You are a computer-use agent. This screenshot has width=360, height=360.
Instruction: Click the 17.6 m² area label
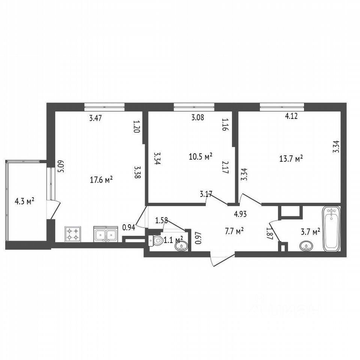[101, 180]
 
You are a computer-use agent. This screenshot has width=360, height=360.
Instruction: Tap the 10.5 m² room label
[200, 157]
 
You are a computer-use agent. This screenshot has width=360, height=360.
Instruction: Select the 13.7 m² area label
[291, 159]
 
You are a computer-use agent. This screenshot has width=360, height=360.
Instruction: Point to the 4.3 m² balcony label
[25, 202]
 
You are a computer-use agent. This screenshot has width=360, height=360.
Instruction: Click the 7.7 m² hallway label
[234, 231]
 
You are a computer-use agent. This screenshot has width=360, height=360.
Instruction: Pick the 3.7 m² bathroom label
[310, 232]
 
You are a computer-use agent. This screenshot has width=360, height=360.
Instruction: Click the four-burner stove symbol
[73, 234]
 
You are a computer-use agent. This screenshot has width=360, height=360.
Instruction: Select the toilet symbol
[156, 241]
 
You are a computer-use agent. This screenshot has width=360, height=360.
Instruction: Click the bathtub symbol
[331, 229]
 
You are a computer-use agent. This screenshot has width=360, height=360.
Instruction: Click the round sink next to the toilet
[181, 247]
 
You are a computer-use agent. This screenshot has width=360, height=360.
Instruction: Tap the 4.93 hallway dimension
[240, 214]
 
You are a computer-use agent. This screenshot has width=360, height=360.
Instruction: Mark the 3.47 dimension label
[96, 118]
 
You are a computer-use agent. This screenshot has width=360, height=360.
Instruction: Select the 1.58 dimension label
[162, 221]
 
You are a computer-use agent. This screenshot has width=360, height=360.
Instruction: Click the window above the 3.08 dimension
[194, 106]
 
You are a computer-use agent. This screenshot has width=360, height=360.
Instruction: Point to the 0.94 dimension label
[129, 227]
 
